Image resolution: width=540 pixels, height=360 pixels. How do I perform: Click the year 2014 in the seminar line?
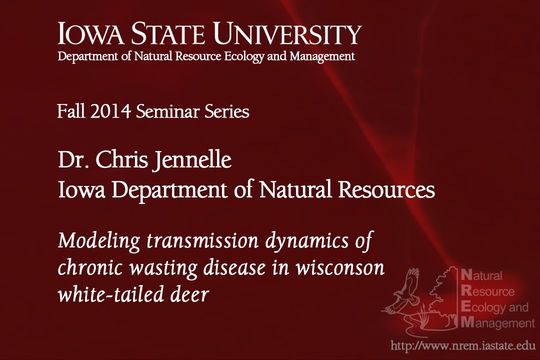click(111, 111)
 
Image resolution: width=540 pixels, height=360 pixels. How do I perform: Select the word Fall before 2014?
click(71, 111)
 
